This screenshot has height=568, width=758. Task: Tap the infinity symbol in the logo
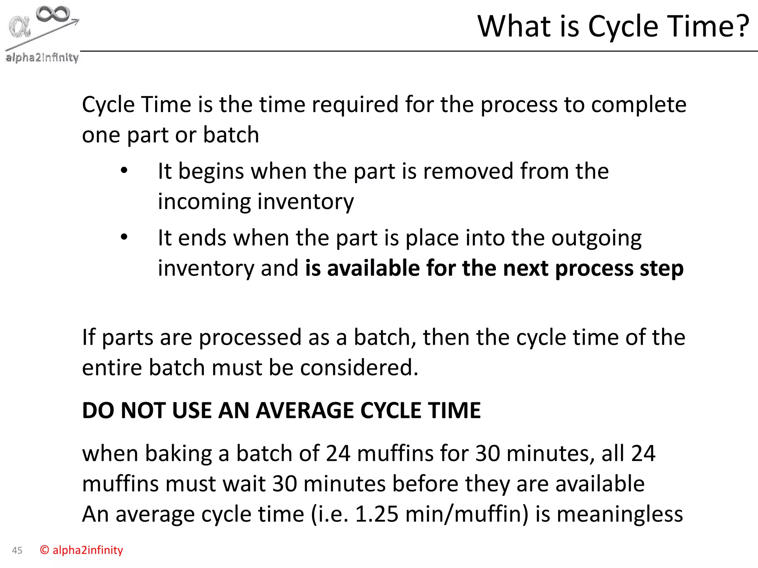(53, 14)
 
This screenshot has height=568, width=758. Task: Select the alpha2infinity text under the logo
(42, 57)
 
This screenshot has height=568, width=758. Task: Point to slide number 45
(17, 550)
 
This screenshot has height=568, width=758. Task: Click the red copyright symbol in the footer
(44, 550)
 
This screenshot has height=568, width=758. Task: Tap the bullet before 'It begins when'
(124, 171)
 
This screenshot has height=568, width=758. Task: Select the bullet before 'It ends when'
(124, 237)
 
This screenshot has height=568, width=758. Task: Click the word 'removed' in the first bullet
(468, 171)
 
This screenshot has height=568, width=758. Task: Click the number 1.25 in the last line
(376, 514)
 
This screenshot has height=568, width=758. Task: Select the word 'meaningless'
(620, 514)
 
